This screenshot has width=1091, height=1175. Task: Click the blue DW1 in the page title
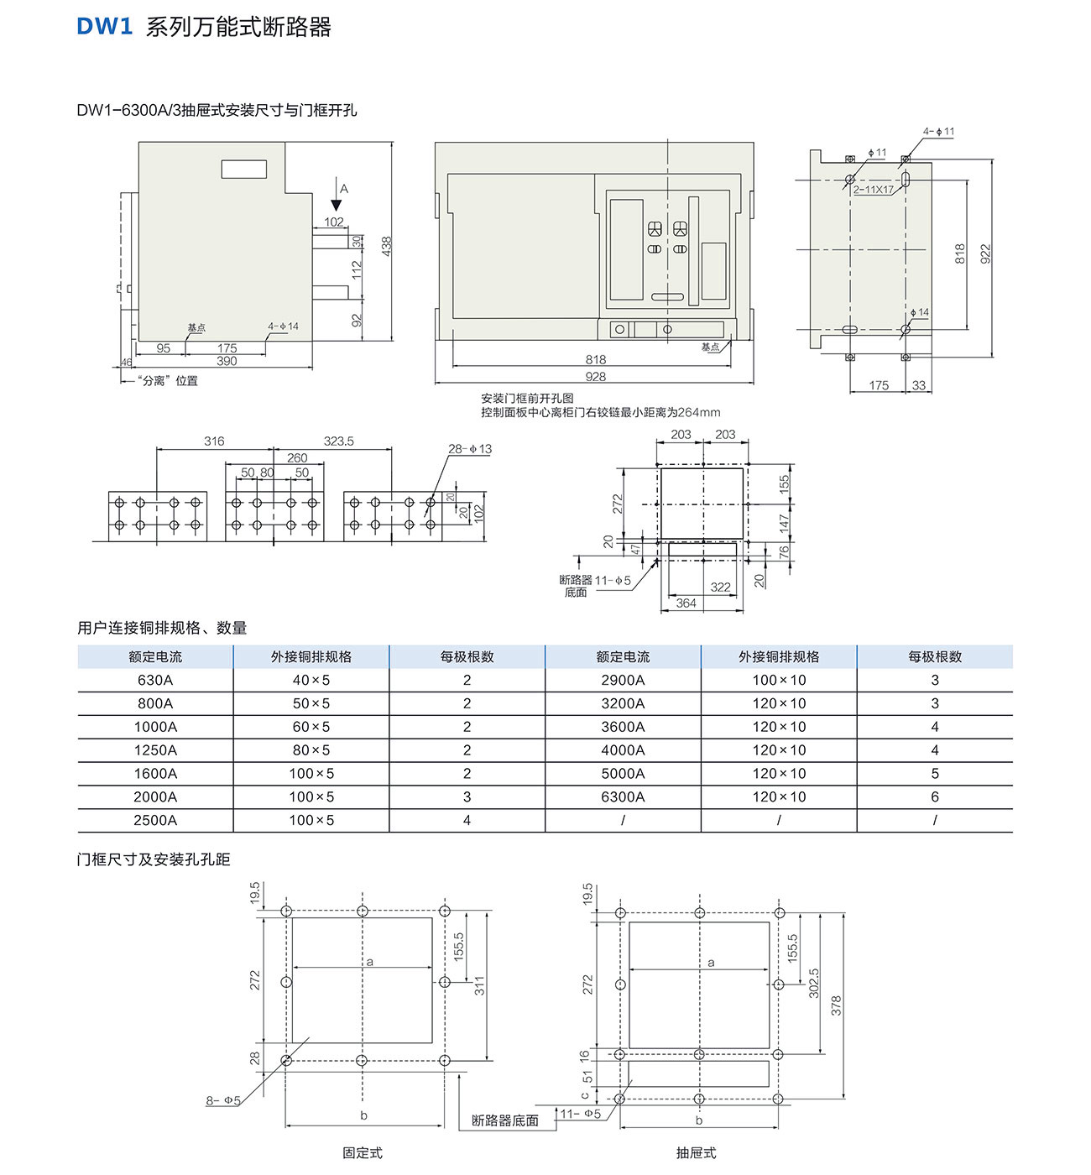[105, 27]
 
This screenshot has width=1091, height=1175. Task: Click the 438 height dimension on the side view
[386, 245]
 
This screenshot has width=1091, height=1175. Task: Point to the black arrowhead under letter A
[337, 205]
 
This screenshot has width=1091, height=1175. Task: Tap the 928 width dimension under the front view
[595, 376]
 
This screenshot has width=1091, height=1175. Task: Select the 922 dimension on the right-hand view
[985, 253]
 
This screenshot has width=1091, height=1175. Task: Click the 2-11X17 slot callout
[873, 190]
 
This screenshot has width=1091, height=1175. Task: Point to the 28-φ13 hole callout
[469, 449]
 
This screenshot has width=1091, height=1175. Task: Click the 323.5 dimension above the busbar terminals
[338, 441]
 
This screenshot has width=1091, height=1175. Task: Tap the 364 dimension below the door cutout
[686, 603]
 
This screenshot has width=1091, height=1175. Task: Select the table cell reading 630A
[155, 680]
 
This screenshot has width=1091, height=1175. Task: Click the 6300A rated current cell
[623, 796]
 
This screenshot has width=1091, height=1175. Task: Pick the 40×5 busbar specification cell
[311, 680]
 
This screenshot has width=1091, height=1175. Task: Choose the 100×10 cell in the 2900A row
[779, 680]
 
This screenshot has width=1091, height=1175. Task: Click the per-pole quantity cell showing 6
[935, 796]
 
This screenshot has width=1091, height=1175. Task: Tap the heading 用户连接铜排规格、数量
[162, 628]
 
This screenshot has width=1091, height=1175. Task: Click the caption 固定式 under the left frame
[363, 1152]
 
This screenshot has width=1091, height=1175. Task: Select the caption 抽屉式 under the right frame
[697, 1152]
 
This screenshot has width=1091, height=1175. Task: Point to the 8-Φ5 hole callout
[223, 1100]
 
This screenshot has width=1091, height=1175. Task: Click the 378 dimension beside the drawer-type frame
[836, 1005]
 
